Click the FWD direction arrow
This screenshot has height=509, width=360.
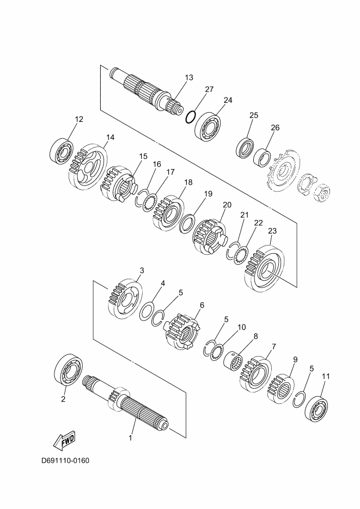pos(64,440)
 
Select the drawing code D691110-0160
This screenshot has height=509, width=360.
pos(65,461)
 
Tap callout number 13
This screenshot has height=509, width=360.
pos(189,78)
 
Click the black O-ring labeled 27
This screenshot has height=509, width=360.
pos(191,117)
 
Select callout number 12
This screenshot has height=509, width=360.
pos(79,119)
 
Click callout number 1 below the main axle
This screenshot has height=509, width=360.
pos(131,438)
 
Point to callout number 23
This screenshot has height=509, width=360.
pos(272,231)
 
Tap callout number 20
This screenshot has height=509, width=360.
pos(227,205)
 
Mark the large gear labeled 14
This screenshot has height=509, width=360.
pos(88,166)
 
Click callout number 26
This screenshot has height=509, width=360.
pos(275,127)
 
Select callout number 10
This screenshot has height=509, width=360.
pos(242,327)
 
